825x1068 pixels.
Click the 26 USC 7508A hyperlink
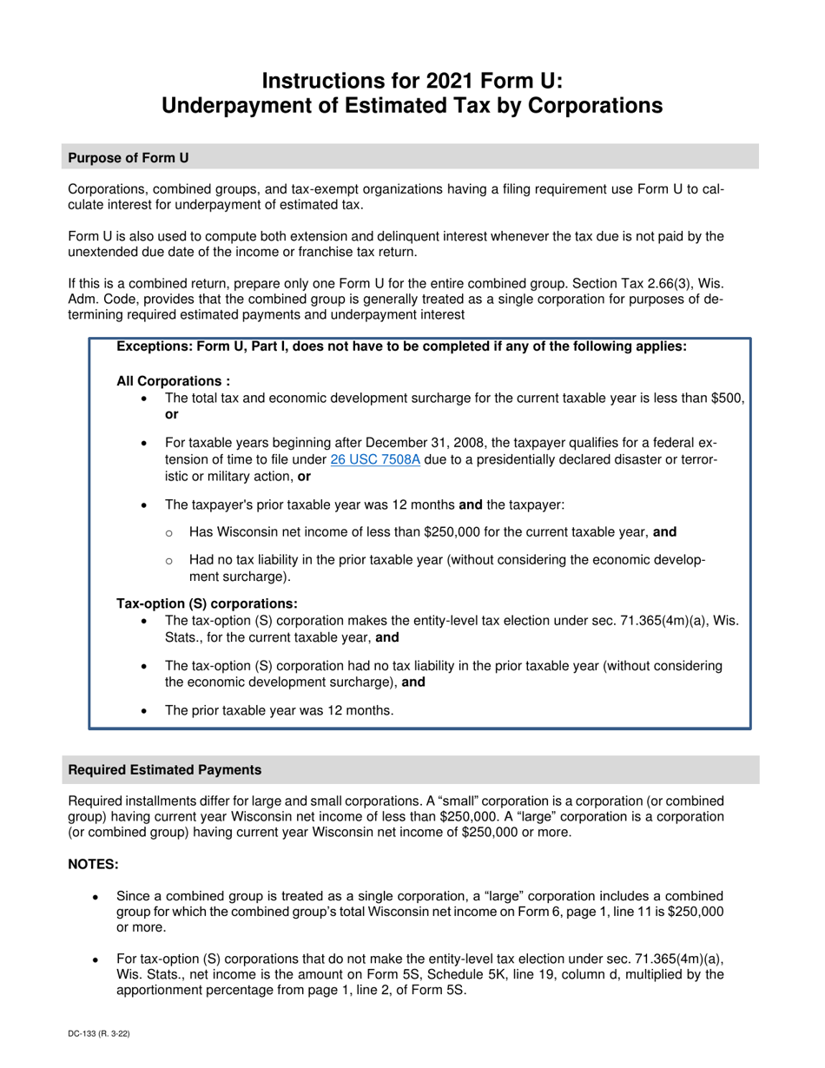(375, 459)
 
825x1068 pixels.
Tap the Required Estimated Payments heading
(165, 769)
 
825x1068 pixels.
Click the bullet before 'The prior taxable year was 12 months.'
(144, 710)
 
